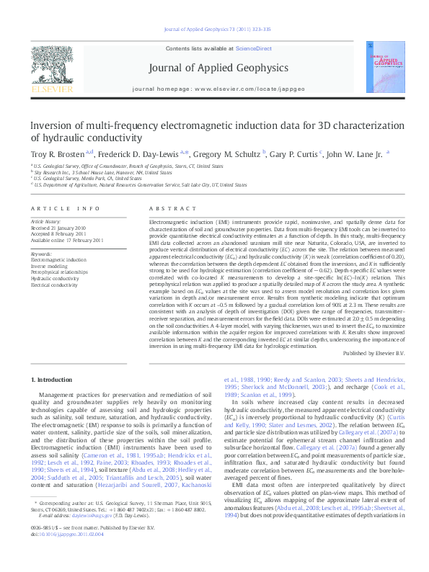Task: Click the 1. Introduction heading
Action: [x=54, y=378]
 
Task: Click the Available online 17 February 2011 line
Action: [x=67, y=240]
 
